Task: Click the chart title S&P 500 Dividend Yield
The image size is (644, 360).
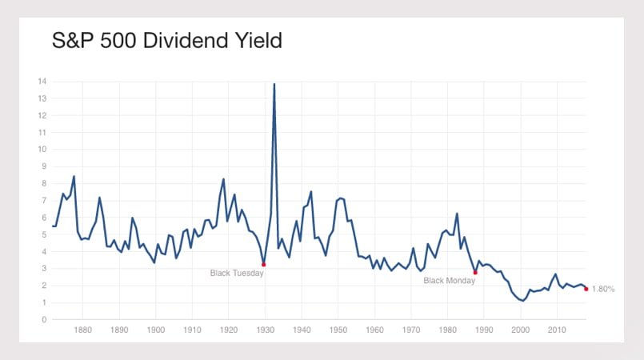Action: click(167, 41)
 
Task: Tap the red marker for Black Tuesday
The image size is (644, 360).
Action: click(263, 264)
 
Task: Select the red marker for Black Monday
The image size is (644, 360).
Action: click(475, 272)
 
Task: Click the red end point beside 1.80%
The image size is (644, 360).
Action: click(586, 289)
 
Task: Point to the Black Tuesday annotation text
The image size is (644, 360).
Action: click(237, 274)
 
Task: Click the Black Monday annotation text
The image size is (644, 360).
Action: click(449, 281)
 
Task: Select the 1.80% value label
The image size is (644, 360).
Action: click(602, 289)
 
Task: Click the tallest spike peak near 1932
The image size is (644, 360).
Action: click(274, 83)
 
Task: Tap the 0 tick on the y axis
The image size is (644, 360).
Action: click(44, 319)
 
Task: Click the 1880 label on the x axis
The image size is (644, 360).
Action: click(83, 330)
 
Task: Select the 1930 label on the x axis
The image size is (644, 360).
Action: click(266, 330)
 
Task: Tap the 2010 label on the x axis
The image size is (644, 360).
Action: click(557, 330)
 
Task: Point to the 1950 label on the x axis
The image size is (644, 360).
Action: click(338, 330)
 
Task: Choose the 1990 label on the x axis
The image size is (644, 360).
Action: click(484, 330)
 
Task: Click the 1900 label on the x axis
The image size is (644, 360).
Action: click(156, 330)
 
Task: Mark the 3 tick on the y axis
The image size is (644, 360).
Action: click(44, 269)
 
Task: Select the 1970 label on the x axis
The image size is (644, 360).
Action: click(411, 330)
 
